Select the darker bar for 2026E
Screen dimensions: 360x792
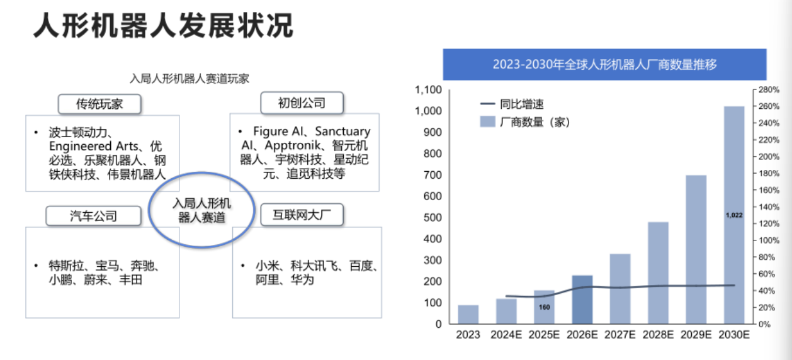coord(582,300)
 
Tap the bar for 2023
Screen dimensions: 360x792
coord(468,314)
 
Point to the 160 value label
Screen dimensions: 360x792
coord(545,307)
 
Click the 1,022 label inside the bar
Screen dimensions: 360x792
coord(734,215)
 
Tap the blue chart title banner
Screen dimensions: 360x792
coord(604,64)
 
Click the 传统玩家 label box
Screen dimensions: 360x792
coord(99,104)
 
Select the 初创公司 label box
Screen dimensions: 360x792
coord(302,103)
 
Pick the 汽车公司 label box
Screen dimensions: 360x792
coord(93,216)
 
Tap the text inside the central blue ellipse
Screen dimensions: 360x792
coord(201,210)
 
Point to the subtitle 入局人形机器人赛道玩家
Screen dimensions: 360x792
coord(190,79)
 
